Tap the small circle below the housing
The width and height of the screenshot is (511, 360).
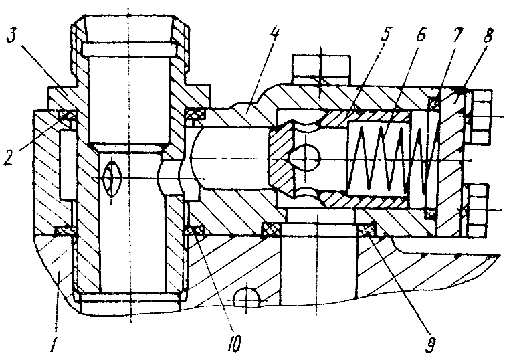pos(248,296)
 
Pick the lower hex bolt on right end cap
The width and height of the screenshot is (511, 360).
pos(478,209)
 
